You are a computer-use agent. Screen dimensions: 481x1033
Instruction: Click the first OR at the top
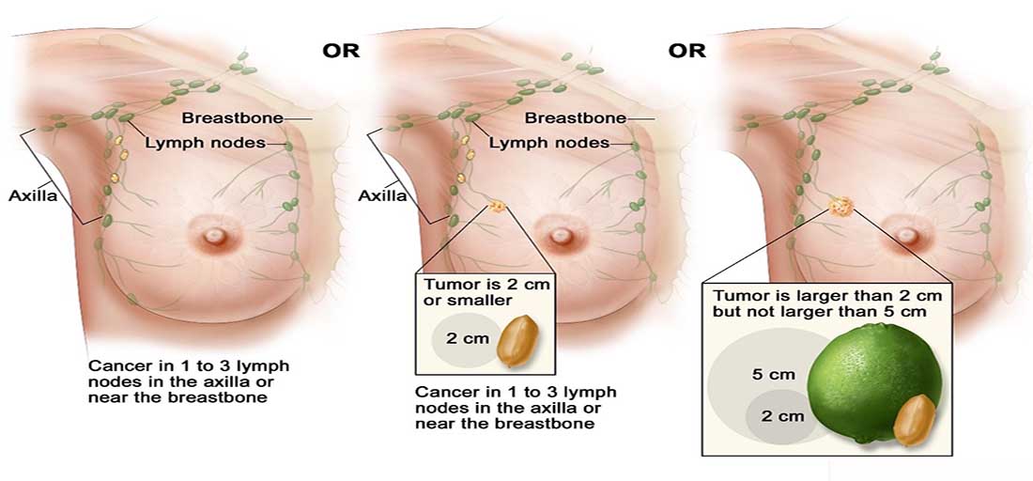pos(341,50)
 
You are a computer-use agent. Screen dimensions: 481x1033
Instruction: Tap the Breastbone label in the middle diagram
pos(575,118)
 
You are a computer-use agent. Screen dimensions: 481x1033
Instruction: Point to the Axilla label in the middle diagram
pos(382,196)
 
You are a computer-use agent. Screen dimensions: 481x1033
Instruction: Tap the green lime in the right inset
pos(873,376)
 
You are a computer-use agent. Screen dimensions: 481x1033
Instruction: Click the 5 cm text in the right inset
pos(774,374)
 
